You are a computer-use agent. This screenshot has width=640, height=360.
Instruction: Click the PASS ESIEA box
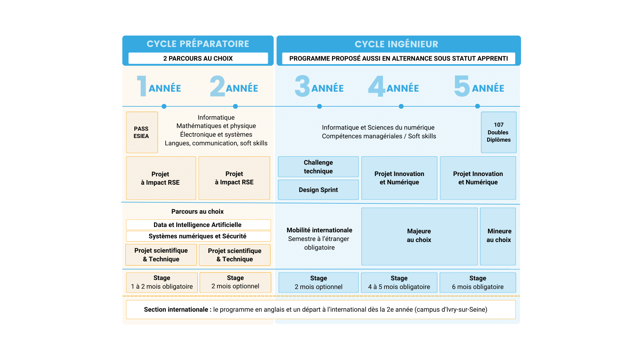click(x=142, y=132)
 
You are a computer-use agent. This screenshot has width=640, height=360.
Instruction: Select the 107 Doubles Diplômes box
click(x=498, y=132)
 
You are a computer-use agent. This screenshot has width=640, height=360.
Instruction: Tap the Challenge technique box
click(x=318, y=167)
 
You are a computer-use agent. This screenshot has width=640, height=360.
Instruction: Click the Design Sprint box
click(x=318, y=190)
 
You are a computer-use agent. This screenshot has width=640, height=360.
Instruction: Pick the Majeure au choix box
click(x=419, y=236)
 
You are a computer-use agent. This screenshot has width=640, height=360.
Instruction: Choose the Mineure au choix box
click(x=498, y=236)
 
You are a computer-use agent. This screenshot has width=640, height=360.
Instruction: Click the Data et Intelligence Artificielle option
click(x=198, y=225)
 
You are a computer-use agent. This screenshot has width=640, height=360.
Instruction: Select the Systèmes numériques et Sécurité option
click(x=198, y=236)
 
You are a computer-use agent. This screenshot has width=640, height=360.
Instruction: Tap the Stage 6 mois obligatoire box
click(x=478, y=282)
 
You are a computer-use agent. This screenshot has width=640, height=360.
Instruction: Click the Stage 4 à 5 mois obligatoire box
click(x=399, y=282)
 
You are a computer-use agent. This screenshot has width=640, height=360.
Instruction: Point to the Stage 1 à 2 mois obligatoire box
click(x=162, y=282)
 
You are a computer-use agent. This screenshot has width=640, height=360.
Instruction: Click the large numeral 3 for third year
click(x=302, y=86)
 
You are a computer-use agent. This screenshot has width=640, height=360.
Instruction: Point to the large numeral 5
click(x=462, y=86)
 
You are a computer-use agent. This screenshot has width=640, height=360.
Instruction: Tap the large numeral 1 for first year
click(x=142, y=86)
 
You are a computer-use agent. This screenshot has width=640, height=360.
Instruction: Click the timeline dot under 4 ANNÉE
click(x=401, y=106)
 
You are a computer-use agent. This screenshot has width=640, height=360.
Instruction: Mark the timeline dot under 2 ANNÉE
click(x=235, y=106)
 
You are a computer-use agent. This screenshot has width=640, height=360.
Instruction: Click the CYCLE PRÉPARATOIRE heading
click(x=198, y=44)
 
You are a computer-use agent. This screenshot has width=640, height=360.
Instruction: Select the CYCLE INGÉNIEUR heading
click(x=396, y=44)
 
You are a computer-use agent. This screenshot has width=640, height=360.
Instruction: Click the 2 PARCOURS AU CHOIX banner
click(x=198, y=58)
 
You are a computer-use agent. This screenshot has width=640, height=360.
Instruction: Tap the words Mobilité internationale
click(x=319, y=230)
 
